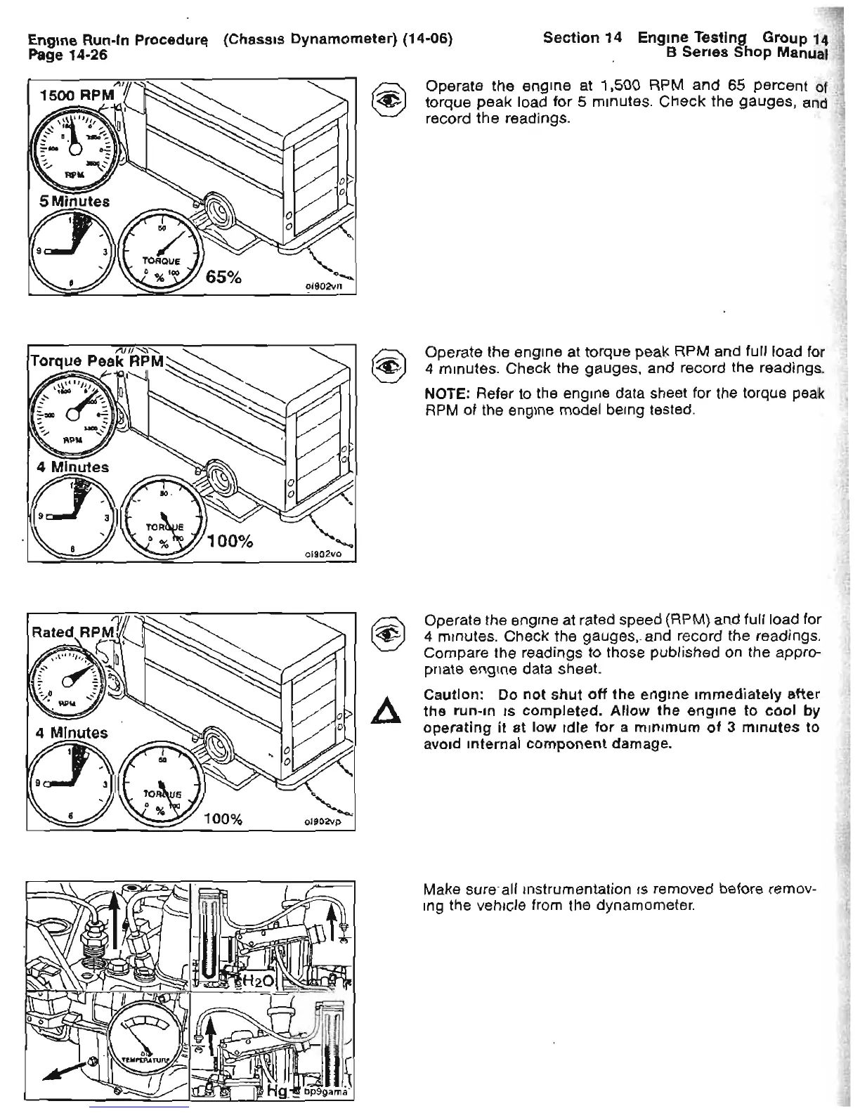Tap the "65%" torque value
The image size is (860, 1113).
223,277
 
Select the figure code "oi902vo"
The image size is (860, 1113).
322,554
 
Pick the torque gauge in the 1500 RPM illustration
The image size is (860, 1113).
162,250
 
